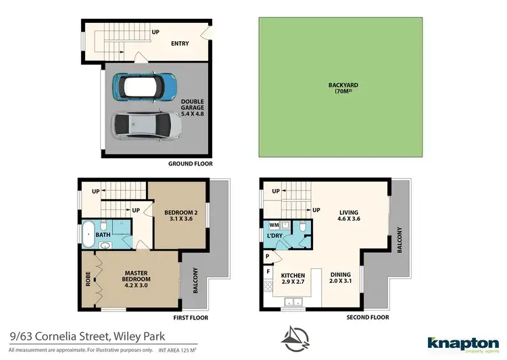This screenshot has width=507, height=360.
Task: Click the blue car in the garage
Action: tap(145, 86)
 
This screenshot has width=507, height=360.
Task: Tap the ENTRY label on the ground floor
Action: tap(179, 44)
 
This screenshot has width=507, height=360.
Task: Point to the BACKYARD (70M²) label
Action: tap(343, 88)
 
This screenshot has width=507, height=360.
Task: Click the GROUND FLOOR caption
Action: tap(190, 163)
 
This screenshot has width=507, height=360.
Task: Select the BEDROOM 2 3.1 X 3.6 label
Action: tap(178, 215)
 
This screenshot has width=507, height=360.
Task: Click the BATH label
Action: tap(103, 235)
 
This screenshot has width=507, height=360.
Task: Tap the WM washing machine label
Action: tap(274, 225)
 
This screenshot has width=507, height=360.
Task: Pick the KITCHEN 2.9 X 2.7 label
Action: tap(293, 279)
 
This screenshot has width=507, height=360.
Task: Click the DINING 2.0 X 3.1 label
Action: tap(340, 279)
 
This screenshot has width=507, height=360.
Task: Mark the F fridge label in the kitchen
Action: tap(268, 272)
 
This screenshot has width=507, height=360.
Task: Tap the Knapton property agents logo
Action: tap(463, 344)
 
